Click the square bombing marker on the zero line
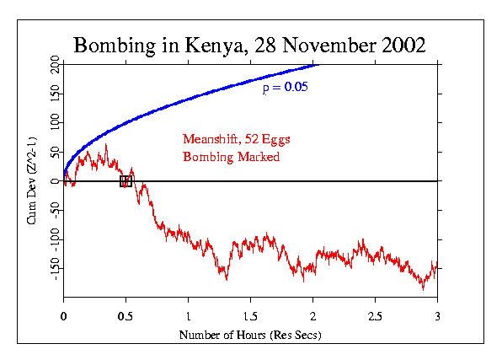click(126, 181)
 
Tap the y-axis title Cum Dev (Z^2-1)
click(32, 182)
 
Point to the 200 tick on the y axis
click(52, 65)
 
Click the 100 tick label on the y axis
click(52, 123)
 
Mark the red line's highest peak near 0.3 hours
click(105, 145)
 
